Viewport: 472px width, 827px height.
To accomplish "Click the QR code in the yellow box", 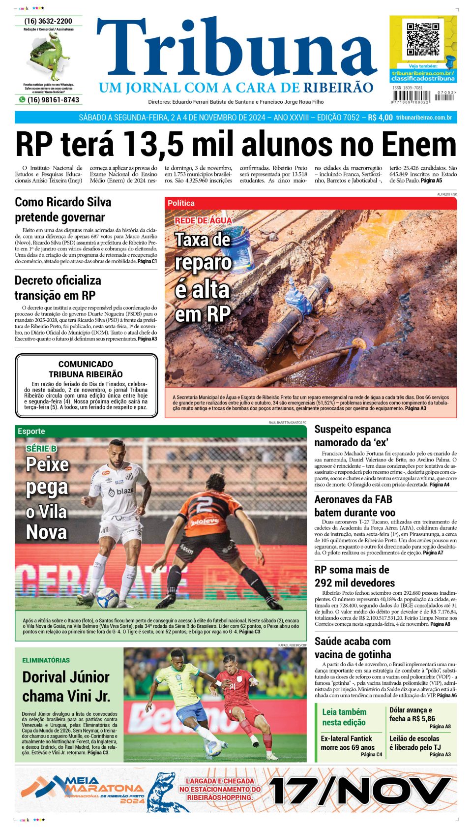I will [423, 39].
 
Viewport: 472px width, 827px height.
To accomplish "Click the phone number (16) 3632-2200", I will [48, 21].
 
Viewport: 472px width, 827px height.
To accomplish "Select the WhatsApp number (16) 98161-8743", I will [53, 100].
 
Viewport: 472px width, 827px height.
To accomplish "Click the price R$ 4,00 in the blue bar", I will [380, 118].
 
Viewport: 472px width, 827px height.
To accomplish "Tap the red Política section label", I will [181, 203].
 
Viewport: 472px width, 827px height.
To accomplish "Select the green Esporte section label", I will [31, 431].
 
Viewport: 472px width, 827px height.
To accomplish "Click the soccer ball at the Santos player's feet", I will [108, 598].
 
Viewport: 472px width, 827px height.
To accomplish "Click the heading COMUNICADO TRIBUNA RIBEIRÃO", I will [86, 369].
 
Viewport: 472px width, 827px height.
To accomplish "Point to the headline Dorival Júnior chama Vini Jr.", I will [66, 686].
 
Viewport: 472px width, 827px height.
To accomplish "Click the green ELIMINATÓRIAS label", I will [46, 660].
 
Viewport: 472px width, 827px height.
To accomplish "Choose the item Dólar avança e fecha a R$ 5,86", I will [412, 714].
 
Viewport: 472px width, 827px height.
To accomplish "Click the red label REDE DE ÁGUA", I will [203, 220].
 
